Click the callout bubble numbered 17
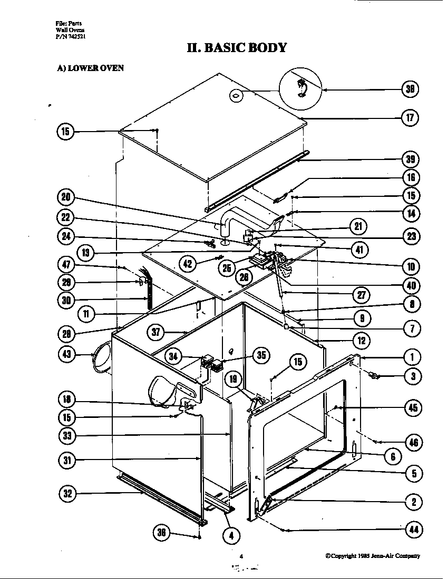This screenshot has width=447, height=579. click(410, 118)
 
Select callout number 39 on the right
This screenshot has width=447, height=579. click(410, 159)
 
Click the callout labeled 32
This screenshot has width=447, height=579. click(67, 494)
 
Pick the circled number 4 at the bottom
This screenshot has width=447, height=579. click(231, 536)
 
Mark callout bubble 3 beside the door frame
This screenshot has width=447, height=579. click(413, 376)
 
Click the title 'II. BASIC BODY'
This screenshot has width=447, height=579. click(237, 48)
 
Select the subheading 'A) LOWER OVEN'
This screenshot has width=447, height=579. click(90, 68)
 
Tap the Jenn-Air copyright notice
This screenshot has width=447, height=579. click(372, 556)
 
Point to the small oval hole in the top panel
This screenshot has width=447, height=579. click(236, 95)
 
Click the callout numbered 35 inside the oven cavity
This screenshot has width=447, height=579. click(261, 355)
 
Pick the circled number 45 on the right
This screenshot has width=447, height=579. click(413, 407)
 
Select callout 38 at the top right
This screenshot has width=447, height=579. click(410, 89)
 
